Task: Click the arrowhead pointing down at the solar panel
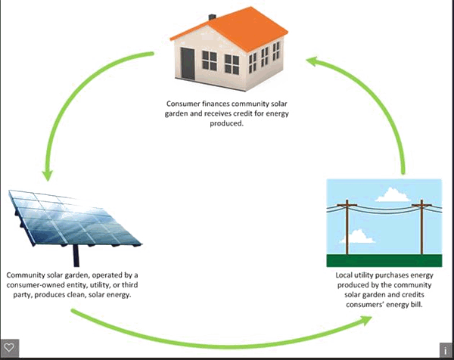click(x=47, y=173)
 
